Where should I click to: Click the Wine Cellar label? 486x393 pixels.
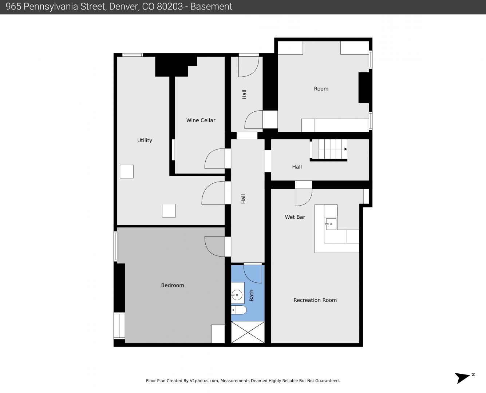[201, 120]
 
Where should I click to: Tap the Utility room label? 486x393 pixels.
[145, 140]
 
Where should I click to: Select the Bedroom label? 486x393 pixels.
[173, 285]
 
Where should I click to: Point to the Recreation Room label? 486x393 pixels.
[315, 300]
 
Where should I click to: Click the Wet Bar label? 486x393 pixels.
[295, 217]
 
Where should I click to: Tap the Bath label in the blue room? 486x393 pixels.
[252, 295]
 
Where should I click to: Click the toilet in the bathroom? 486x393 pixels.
[239, 310]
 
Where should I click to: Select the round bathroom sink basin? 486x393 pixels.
[237, 295]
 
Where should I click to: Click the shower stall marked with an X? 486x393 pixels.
[248, 332]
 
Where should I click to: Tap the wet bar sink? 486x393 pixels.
[331, 224]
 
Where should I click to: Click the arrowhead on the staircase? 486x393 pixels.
[346, 149]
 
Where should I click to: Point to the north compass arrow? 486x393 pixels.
[462, 378]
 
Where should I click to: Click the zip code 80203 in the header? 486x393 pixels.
[170, 7]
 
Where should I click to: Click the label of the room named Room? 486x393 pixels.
[321, 89]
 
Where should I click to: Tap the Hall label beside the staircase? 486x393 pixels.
[297, 167]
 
